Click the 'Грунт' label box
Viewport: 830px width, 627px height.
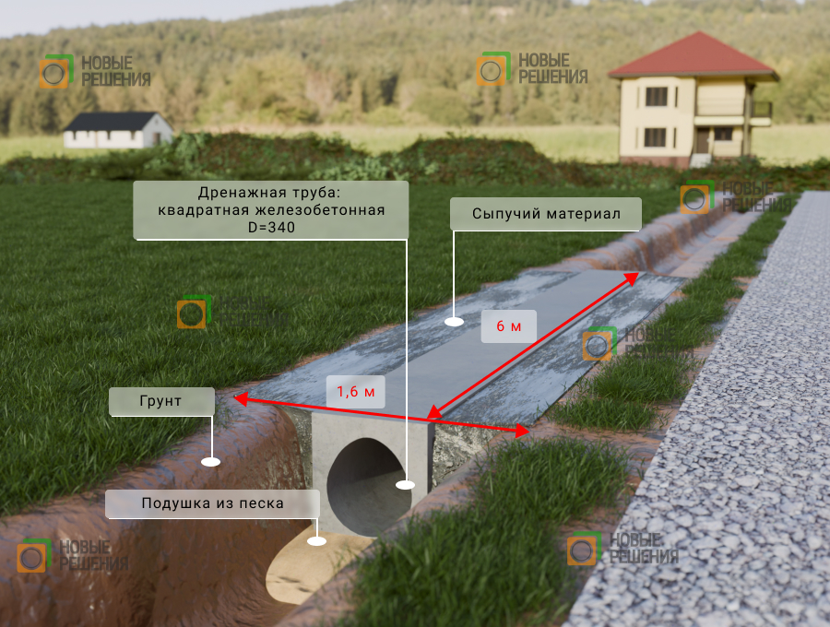click(161, 401)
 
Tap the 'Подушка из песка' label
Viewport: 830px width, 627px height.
click(212, 503)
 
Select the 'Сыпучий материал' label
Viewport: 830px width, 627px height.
click(546, 214)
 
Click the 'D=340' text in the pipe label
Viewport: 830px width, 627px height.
click(271, 228)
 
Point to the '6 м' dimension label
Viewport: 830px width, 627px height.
click(509, 325)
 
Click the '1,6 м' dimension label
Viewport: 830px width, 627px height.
click(356, 392)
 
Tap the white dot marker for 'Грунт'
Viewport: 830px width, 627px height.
click(210, 462)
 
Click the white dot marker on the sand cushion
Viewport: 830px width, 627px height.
click(316, 541)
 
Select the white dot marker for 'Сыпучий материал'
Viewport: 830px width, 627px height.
click(454, 321)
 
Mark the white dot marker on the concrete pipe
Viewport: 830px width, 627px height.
click(405, 485)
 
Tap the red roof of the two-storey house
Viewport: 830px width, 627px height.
click(694, 55)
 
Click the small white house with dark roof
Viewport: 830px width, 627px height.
click(117, 130)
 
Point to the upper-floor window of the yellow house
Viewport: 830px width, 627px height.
click(657, 97)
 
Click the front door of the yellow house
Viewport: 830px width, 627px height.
click(703, 140)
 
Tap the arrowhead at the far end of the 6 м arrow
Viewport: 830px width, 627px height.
click(632, 278)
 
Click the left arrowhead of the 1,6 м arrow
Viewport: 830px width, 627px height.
click(241, 399)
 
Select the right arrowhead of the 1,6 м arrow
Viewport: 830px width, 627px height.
click(523, 432)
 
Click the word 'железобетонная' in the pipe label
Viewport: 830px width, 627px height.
click(320, 210)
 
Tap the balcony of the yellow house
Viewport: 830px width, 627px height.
click(759, 110)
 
